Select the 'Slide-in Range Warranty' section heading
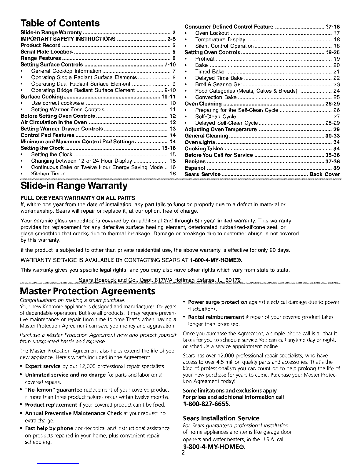click(74, 186)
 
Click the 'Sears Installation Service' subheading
click(221, 418)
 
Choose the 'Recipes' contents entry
click(195, 162)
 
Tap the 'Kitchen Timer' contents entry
click(48, 174)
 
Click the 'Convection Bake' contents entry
click(216, 97)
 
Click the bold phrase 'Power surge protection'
click(217, 302)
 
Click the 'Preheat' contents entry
click(205, 59)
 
